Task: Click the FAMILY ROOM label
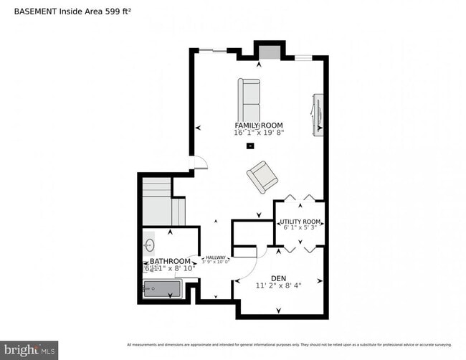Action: (x=258, y=125)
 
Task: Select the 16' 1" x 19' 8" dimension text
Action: (x=258, y=133)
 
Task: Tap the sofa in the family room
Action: (x=249, y=101)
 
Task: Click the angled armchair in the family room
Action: (x=262, y=176)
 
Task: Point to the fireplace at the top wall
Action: (x=270, y=52)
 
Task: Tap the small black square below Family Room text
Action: (x=249, y=146)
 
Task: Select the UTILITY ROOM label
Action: (x=300, y=222)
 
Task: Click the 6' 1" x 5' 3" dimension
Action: (x=300, y=228)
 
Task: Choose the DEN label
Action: (x=279, y=278)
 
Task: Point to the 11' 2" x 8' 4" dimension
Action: (x=279, y=285)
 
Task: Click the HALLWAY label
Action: (x=216, y=257)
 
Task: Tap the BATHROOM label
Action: (x=170, y=261)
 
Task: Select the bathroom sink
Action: (x=149, y=245)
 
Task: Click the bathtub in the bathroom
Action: (x=163, y=289)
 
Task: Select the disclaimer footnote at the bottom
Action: (x=289, y=344)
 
